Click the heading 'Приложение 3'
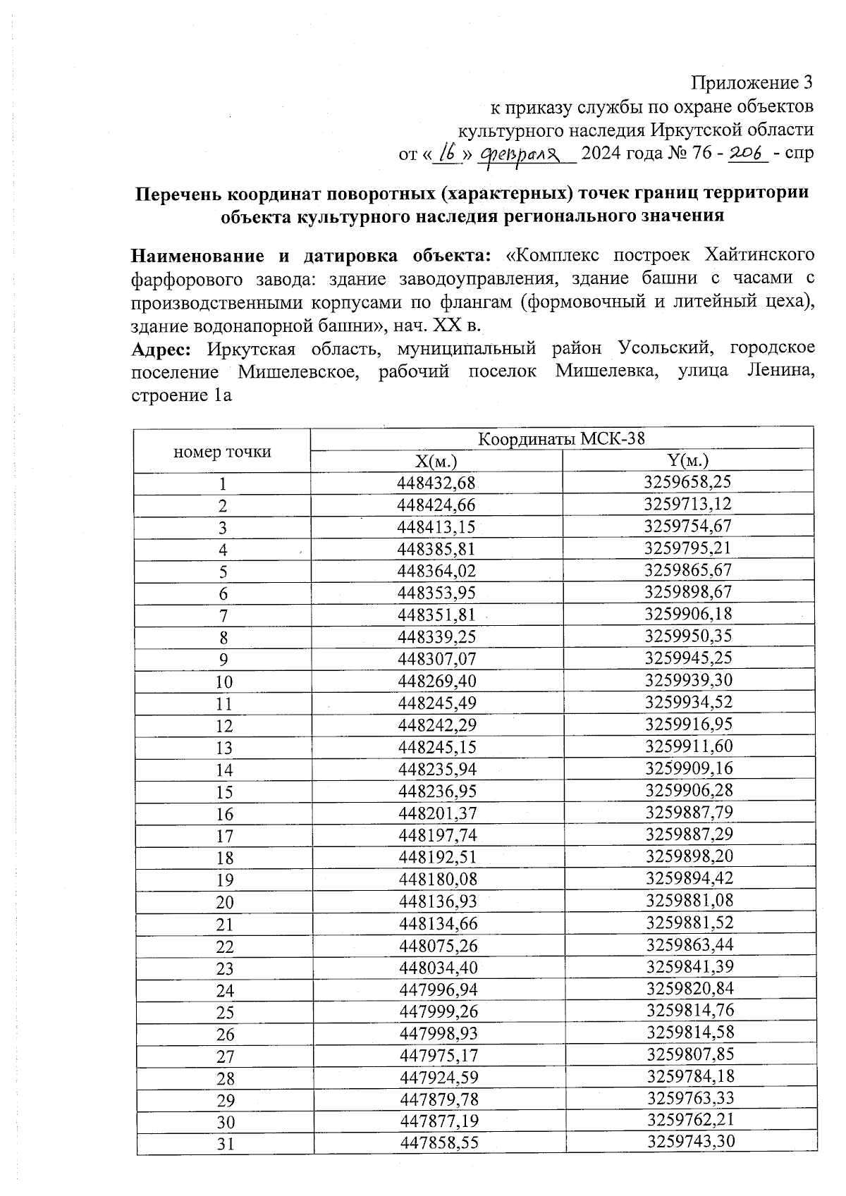coord(752,84)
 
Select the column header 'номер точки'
coord(222,452)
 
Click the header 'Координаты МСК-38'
coord(561,439)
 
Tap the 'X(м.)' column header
coord(436,462)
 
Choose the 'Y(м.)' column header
coord(687,461)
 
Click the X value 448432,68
coord(437,483)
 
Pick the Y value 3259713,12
coord(687,505)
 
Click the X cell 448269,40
coord(437,682)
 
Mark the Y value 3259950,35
coord(688,636)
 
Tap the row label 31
coord(225,1145)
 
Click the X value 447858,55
coord(439,1143)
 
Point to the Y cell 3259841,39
coord(689,966)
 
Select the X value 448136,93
coord(438,901)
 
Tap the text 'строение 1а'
coord(182,396)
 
